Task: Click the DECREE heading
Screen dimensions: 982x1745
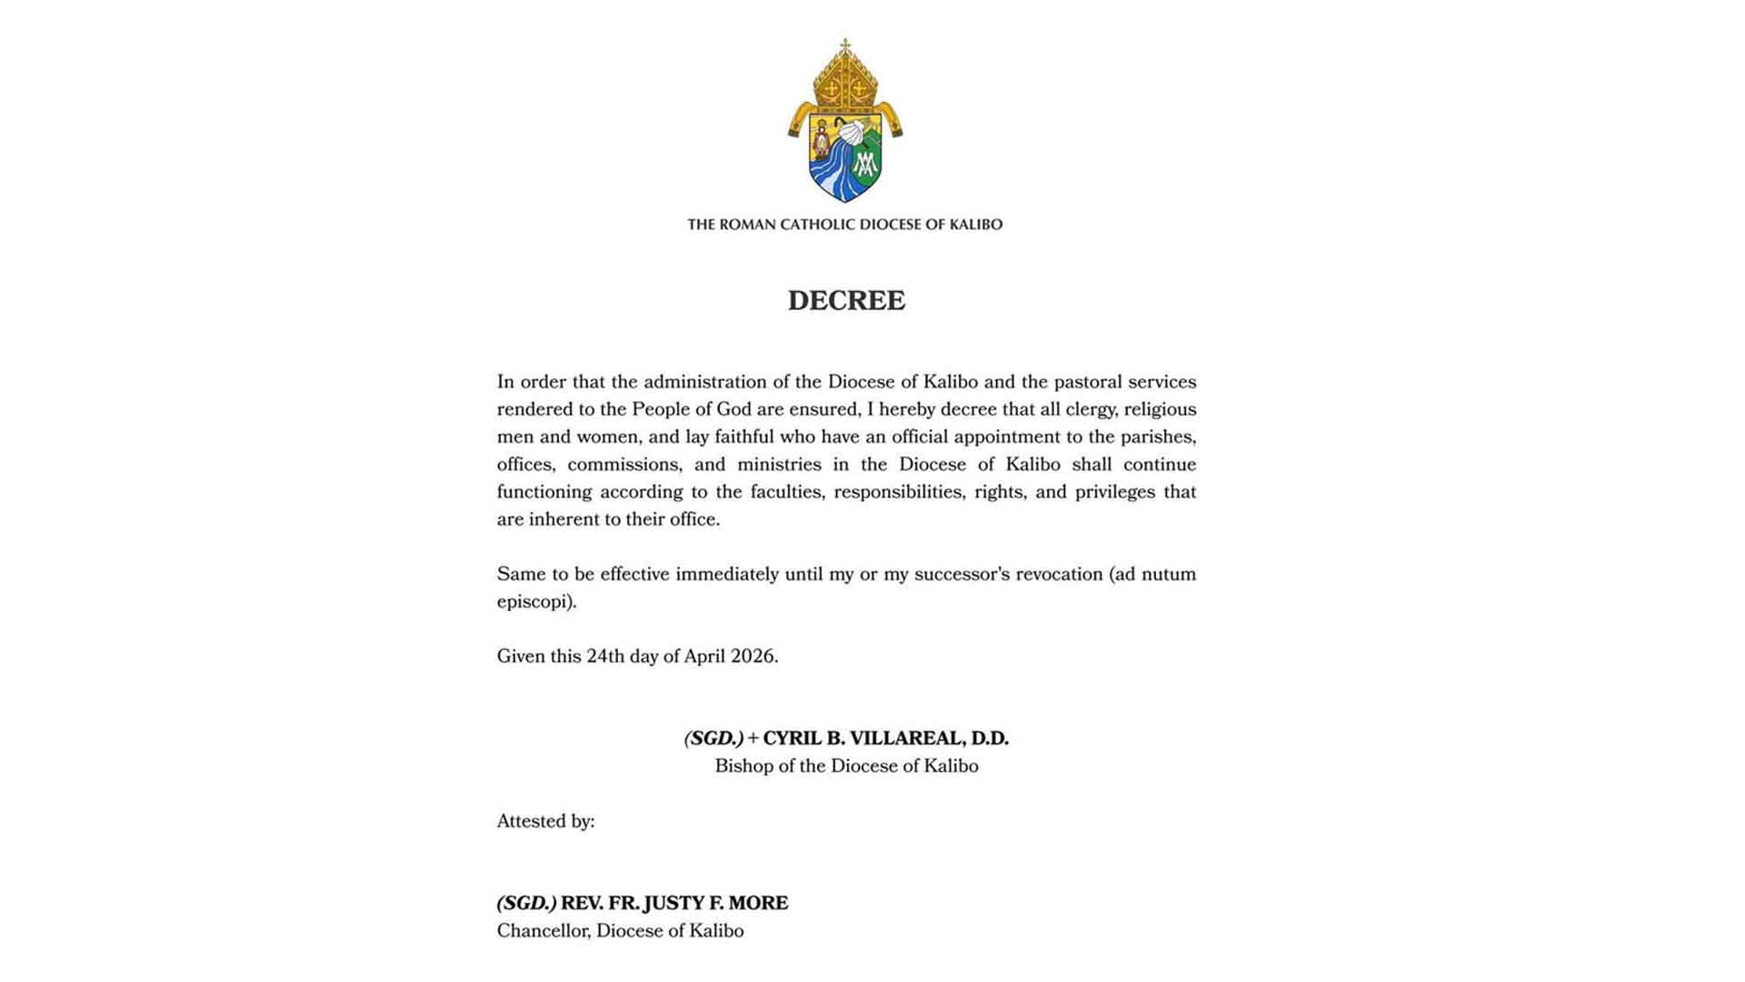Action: coord(846,301)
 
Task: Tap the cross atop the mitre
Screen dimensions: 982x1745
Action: coord(845,45)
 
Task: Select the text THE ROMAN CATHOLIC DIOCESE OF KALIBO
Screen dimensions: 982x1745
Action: coord(844,225)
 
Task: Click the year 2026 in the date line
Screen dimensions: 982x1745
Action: coord(753,656)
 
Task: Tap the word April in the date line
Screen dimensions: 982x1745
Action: coord(704,656)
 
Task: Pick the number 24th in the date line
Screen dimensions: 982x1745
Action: coord(605,656)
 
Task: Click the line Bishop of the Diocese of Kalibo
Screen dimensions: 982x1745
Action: coord(846,767)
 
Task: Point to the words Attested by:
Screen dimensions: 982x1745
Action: coord(545,822)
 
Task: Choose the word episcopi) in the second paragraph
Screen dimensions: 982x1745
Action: coord(536,602)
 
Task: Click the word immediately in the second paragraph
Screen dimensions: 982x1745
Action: coord(727,575)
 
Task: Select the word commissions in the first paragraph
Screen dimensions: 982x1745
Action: coord(623,465)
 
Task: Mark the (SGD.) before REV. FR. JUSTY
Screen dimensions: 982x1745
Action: coord(526,904)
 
